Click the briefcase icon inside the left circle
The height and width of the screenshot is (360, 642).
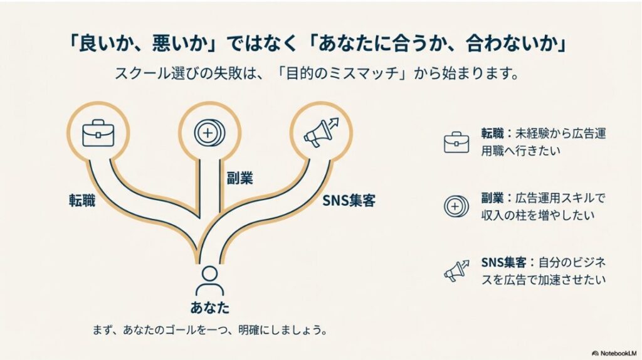click(x=98, y=133)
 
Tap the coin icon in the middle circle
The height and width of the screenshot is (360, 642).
click(x=206, y=132)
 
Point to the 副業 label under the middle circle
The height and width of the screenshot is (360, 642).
click(x=239, y=178)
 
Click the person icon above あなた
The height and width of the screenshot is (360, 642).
click(x=209, y=280)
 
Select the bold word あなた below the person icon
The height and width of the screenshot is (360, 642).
click(x=209, y=308)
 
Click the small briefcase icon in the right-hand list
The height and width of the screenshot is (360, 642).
click(x=456, y=142)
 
